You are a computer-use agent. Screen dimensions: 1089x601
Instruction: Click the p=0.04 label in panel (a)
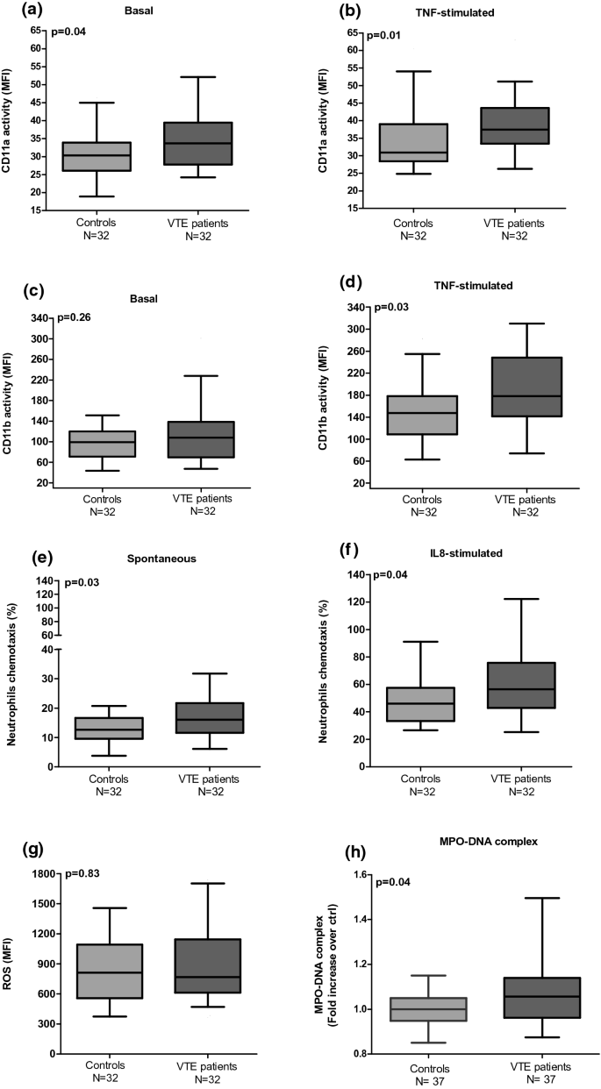[x=70, y=32]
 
